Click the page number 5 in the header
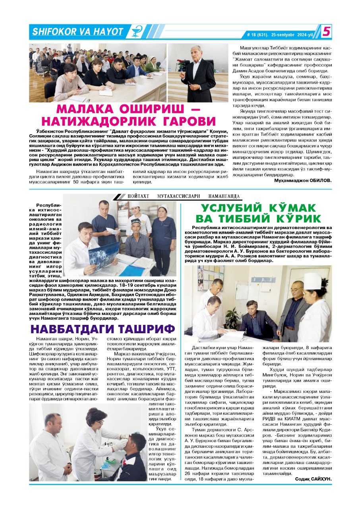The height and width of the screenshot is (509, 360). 326,31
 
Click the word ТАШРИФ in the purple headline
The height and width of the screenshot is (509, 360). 151,329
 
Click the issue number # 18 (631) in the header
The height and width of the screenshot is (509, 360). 257,35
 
